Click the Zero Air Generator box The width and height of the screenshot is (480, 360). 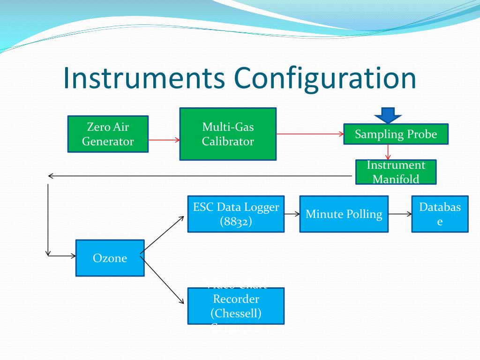pos(108,134)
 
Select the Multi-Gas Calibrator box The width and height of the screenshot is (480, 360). pos(228,134)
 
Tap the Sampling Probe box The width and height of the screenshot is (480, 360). pos(396,134)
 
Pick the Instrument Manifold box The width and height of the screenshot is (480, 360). pos(396,172)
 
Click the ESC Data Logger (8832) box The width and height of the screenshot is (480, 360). pos(236,214)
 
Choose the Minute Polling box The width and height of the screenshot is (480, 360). pos(344,214)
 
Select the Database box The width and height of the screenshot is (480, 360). pos(440,214)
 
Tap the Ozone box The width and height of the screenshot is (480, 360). pos(110,258)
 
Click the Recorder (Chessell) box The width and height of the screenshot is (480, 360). pos(236,306)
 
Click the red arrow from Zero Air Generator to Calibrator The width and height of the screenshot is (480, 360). pos(164,139)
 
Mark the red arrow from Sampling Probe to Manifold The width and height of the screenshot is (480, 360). pos(388,152)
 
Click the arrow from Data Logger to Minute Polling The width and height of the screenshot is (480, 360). pos(292,214)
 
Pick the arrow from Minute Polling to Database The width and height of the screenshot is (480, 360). pos(400,214)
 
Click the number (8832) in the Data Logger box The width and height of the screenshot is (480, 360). pos(236,221)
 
